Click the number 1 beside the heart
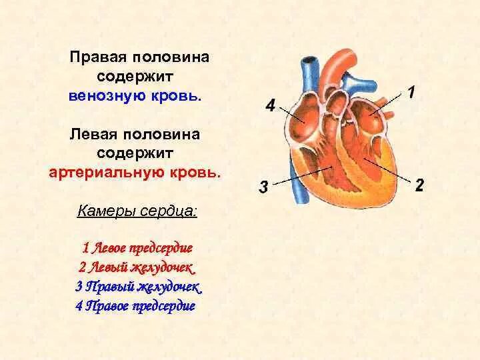pyautogui.click(x=411, y=92)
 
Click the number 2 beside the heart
pyautogui.click(x=419, y=185)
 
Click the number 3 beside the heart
pyautogui.click(x=263, y=187)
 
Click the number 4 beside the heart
pyautogui.click(x=269, y=105)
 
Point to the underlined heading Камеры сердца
pyautogui.click(x=137, y=211)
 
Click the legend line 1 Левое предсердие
pyautogui.click(x=137, y=248)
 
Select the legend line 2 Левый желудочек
pyautogui.click(x=137, y=267)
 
